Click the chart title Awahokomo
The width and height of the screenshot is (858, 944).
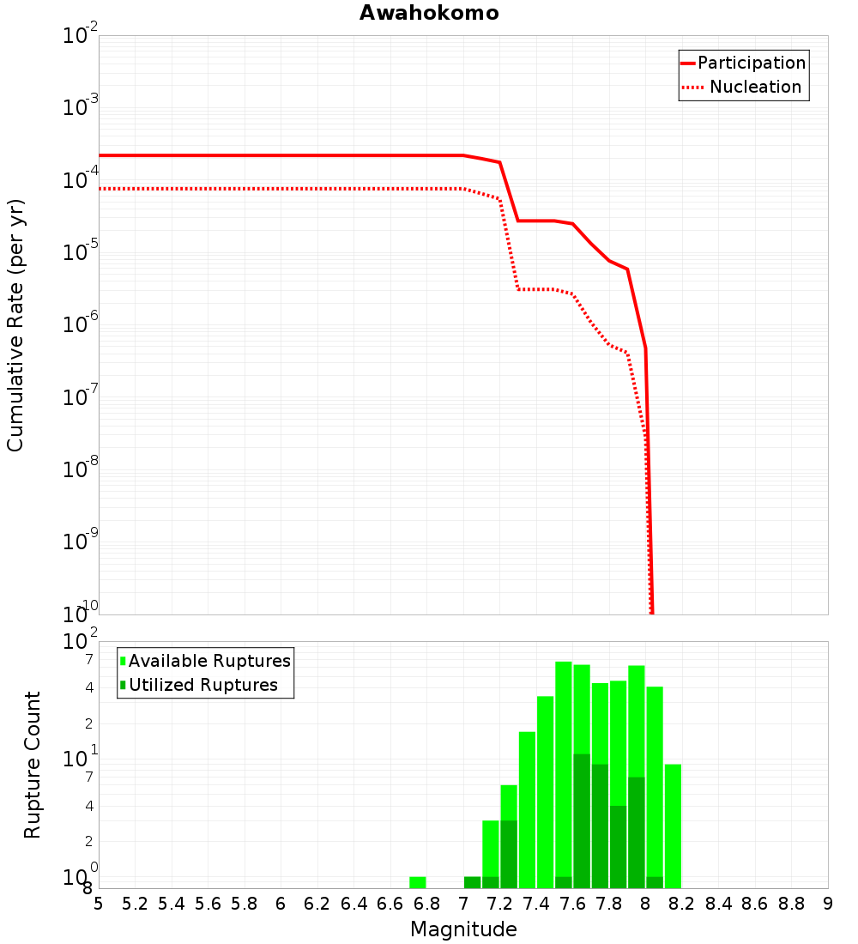click(x=428, y=13)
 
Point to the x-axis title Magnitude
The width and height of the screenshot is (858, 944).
click(x=463, y=929)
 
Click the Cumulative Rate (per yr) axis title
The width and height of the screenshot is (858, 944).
click(x=15, y=324)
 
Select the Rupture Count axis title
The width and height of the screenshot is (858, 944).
click(x=33, y=765)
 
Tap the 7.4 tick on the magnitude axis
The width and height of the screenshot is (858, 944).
click(x=536, y=904)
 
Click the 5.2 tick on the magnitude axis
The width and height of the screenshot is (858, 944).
click(x=135, y=904)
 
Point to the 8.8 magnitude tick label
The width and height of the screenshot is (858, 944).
click(x=791, y=904)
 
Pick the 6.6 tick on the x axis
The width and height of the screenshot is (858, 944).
click(x=390, y=904)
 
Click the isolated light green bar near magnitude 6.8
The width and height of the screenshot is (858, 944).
click(x=418, y=882)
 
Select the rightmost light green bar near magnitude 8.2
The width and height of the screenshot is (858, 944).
click(x=673, y=826)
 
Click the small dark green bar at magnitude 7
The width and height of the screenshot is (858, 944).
click(x=472, y=882)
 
